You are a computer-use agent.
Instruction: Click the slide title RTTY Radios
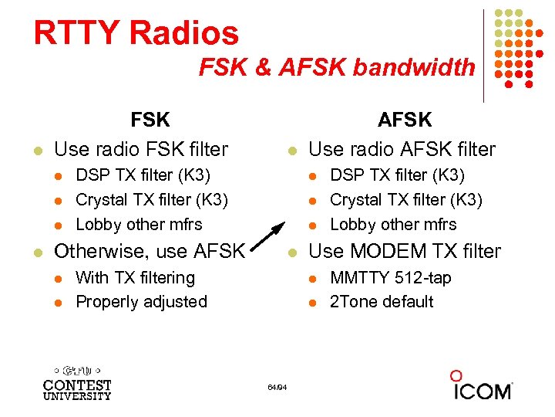point(136,33)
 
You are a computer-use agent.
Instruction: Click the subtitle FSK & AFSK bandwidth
point(337,68)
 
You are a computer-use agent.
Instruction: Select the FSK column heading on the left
point(150,120)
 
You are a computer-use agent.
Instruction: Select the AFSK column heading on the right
point(405,120)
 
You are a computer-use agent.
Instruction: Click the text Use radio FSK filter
point(141,147)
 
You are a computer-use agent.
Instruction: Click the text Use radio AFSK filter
point(402,147)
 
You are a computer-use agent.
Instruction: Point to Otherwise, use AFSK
point(150,251)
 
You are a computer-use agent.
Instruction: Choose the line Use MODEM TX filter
point(405,251)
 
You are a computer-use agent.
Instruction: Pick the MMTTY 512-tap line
point(390,277)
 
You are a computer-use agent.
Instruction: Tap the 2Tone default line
point(382,301)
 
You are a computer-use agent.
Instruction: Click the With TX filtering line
point(135,277)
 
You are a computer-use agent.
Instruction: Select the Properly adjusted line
point(141,301)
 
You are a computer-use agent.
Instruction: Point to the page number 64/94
point(277,387)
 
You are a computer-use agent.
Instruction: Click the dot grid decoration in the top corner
point(516,46)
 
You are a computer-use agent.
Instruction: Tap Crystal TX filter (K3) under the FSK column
point(151,200)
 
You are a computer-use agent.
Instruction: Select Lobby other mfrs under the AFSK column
point(393,225)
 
